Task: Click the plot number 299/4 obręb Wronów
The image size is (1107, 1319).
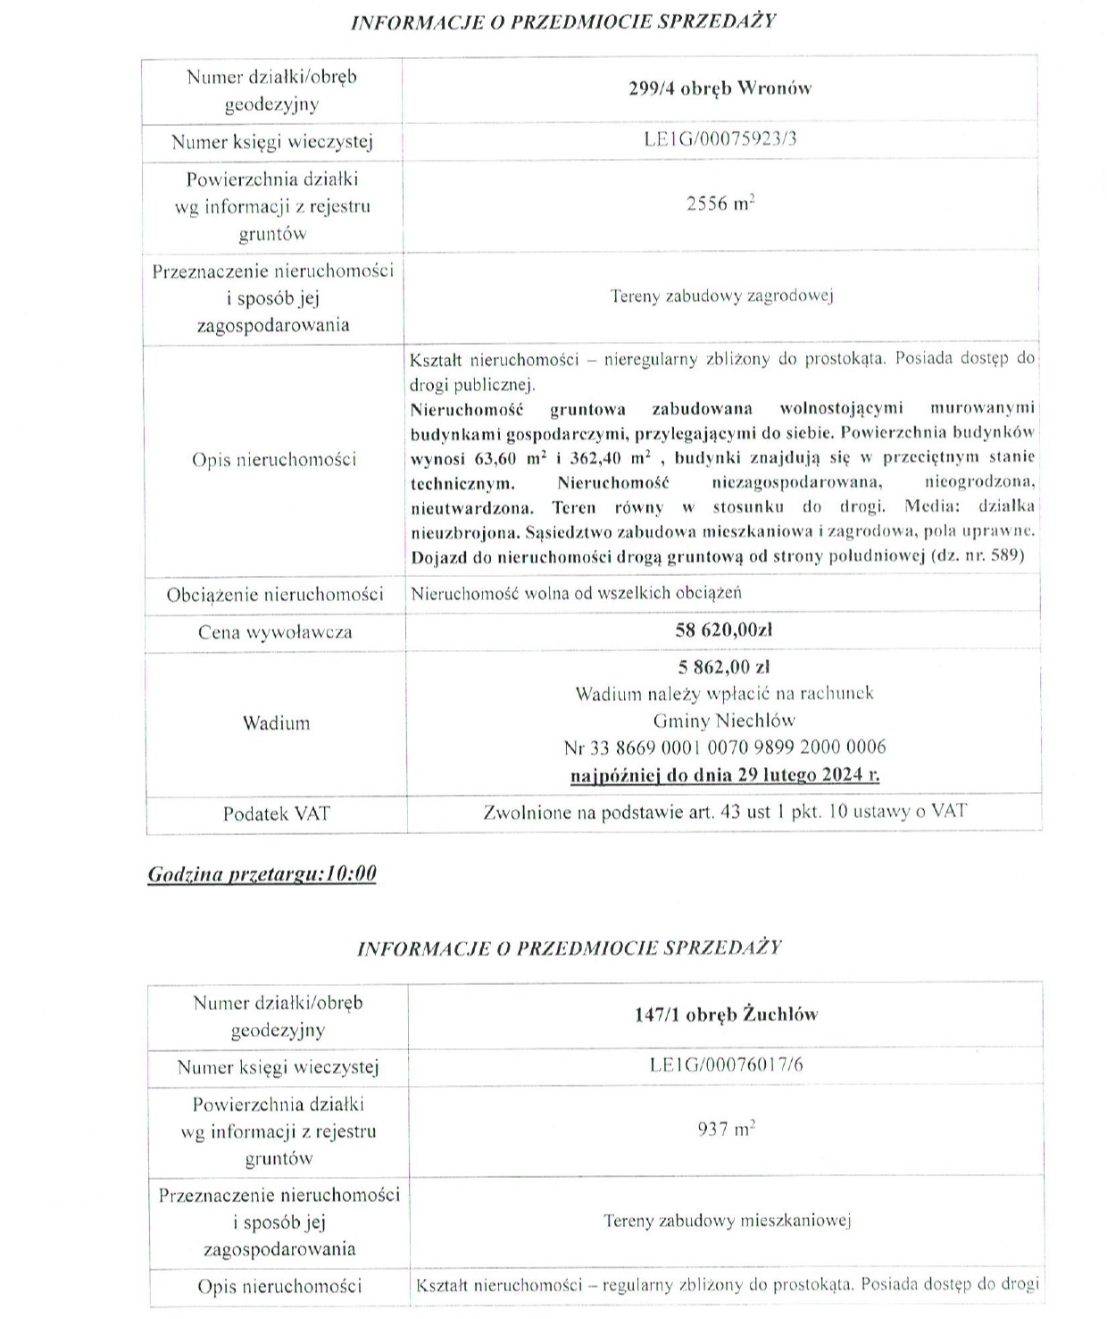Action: click(720, 88)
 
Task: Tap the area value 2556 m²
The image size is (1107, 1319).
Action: click(720, 204)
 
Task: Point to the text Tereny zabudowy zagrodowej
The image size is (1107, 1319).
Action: click(721, 296)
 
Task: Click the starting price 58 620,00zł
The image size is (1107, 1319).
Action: click(723, 630)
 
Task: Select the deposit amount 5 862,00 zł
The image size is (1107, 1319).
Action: click(724, 667)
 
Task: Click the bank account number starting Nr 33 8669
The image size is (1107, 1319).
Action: click(724, 747)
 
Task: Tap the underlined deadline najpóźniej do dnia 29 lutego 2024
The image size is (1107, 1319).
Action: click(724, 774)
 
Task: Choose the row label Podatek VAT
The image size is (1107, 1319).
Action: click(276, 814)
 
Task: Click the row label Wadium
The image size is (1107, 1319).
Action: click(276, 722)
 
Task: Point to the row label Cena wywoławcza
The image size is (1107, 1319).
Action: click(275, 632)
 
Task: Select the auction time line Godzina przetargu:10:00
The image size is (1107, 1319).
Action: click(262, 873)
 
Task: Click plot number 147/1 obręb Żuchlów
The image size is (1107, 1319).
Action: click(726, 1014)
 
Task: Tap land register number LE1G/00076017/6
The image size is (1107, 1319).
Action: click(726, 1065)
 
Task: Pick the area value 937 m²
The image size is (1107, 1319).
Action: click(726, 1130)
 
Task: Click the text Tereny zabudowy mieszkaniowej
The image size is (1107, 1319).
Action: click(727, 1221)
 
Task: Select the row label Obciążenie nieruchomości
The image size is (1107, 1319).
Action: click(275, 595)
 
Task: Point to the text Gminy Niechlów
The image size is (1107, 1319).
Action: click(724, 721)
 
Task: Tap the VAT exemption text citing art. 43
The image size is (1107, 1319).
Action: click(724, 813)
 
